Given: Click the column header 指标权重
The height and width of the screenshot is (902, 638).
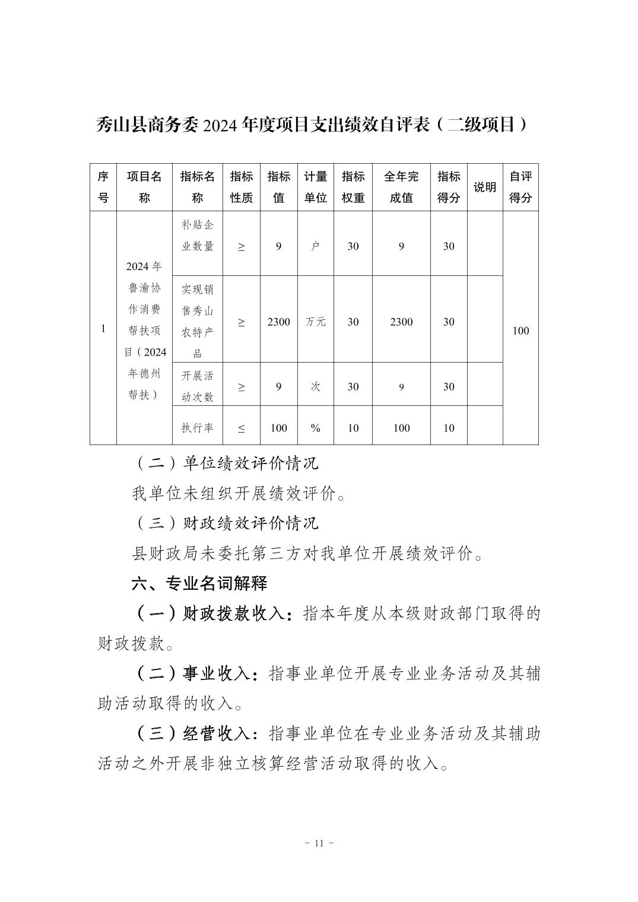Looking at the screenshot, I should click(x=353, y=187).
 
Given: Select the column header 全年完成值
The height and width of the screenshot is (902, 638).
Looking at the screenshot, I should click(x=401, y=187).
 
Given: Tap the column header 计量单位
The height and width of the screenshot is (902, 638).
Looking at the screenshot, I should click(x=315, y=187).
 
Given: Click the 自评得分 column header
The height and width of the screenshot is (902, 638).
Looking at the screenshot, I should click(x=520, y=187).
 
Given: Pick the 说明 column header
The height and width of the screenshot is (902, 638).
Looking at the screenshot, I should click(x=485, y=188).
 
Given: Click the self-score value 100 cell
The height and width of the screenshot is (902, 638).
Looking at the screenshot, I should click(x=520, y=331).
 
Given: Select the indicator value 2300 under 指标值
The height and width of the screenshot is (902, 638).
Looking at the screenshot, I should click(x=278, y=322).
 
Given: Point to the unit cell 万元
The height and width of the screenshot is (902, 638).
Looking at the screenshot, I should click(x=315, y=322).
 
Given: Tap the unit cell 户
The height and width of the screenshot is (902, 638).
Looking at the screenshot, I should click(x=315, y=246).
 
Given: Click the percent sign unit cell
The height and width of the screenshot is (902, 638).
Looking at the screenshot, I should click(x=315, y=428).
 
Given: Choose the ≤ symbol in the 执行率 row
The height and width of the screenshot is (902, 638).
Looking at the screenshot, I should click(x=241, y=428).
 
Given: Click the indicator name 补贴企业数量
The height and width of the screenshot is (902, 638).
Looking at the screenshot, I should click(x=198, y=236).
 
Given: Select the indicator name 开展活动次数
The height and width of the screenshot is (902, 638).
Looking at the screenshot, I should click(x=198, y=386).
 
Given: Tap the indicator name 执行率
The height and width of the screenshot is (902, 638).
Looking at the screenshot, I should click(x=198, y=428).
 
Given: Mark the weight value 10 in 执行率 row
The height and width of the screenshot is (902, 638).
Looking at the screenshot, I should click(x=353, y=428).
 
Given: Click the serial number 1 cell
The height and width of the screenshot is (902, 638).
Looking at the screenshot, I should click(x=103, y=329).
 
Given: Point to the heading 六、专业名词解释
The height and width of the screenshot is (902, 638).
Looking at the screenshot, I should click(x=199, y=583).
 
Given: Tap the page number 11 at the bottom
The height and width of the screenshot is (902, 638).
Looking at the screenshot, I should click(x=319, y=843).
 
